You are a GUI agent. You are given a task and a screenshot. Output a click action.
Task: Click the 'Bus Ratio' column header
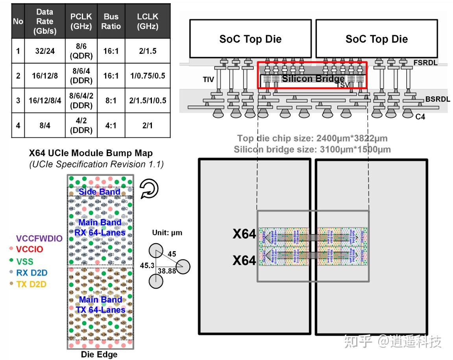click(x=111, y=21)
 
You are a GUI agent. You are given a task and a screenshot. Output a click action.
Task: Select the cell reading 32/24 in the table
click(x=44, y=51)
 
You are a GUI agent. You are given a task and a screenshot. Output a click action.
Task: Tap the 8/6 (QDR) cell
click(x=81, y=51)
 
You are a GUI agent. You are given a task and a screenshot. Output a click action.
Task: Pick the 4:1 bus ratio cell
click(x=111, y=126)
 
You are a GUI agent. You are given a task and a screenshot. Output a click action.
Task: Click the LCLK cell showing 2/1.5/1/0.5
click(x=148, y=100)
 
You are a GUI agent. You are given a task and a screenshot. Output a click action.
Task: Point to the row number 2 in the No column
click(x=18, y=76)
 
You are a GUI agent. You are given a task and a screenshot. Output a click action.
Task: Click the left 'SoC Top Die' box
click(x=250, y=39)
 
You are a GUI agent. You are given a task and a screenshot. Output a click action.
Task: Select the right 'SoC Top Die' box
click(x=377, y=39)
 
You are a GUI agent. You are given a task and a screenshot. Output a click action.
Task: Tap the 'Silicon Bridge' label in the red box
click(x=313, y=79)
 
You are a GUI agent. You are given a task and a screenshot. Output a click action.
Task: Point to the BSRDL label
click(x=437, y=99)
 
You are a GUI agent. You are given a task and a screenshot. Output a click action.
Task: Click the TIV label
click(x=208, y=80)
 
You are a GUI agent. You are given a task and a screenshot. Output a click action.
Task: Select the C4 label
click(x=420, y=117)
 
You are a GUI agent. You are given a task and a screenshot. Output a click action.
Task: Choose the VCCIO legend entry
click(x=29, y=249)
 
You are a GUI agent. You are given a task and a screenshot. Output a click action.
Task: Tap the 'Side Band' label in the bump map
click(x=100, y=192)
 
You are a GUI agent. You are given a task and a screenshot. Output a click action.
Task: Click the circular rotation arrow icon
click(x=149, y=189)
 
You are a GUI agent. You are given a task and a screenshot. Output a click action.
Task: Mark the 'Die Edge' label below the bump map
click(x=99, y=354)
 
